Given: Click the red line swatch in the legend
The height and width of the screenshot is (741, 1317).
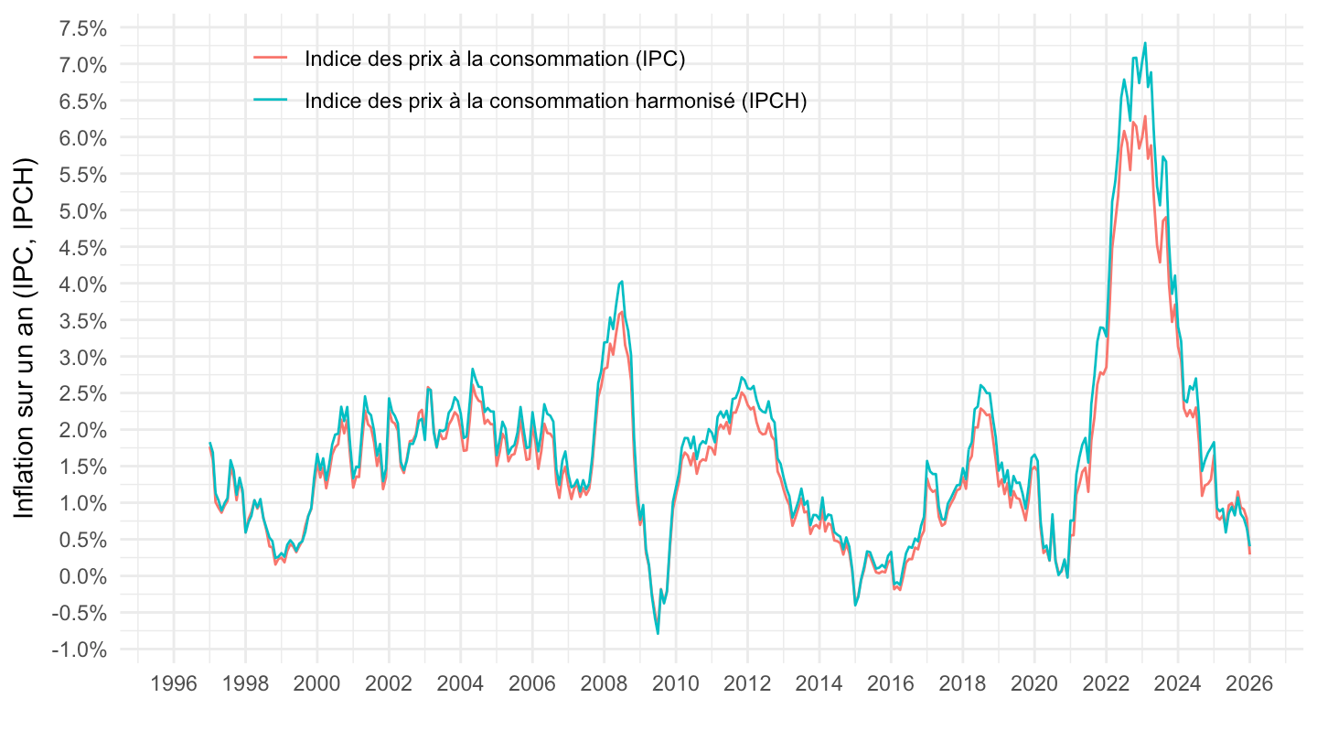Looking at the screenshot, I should pyautogui.click(x=271, y=59).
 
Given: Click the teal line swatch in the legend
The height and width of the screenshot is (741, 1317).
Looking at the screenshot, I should pyautogui.click(x=271, y=101).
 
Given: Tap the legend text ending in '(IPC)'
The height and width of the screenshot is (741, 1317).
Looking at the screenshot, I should pyautogui.click(x=495, y=59).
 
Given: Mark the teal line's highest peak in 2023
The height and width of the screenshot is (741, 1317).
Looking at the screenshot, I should pyautogui.click(x=1145, y=43).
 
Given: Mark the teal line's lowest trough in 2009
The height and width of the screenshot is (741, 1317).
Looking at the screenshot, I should pyautogui.click(x=658, y=633).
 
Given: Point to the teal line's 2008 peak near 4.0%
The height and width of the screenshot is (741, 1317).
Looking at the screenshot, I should pyautogui.click(x=622, y=282).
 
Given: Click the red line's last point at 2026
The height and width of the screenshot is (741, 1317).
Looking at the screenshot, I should pyautogui.click(x=1250, y=553).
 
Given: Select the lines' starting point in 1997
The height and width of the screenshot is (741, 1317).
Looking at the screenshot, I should pyautogui.click(x=210, y=444).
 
